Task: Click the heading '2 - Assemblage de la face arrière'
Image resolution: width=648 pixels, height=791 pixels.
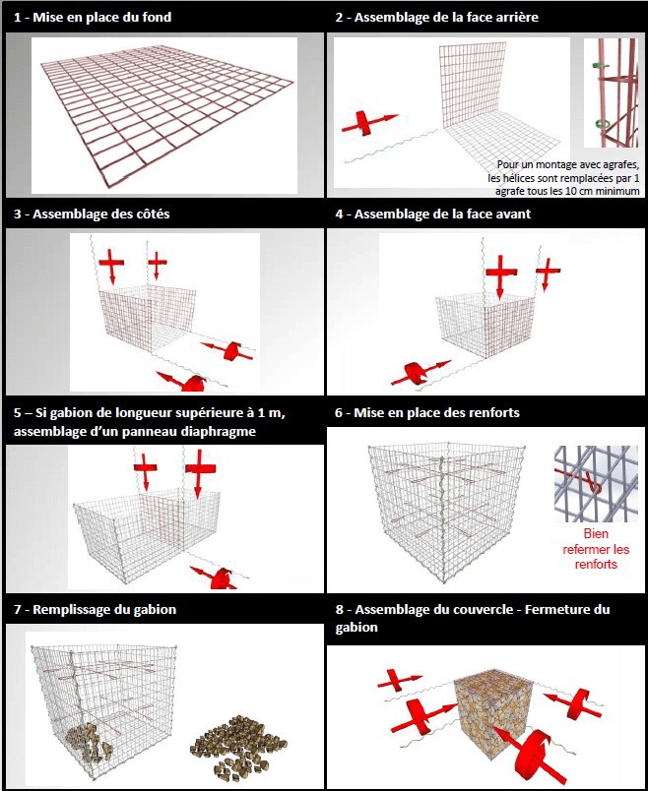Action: click(x=449, y=18)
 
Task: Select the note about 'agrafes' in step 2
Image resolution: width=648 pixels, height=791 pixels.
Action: click(x=568, y=178)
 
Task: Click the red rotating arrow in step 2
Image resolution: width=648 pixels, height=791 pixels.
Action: click(x=363, y=123)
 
